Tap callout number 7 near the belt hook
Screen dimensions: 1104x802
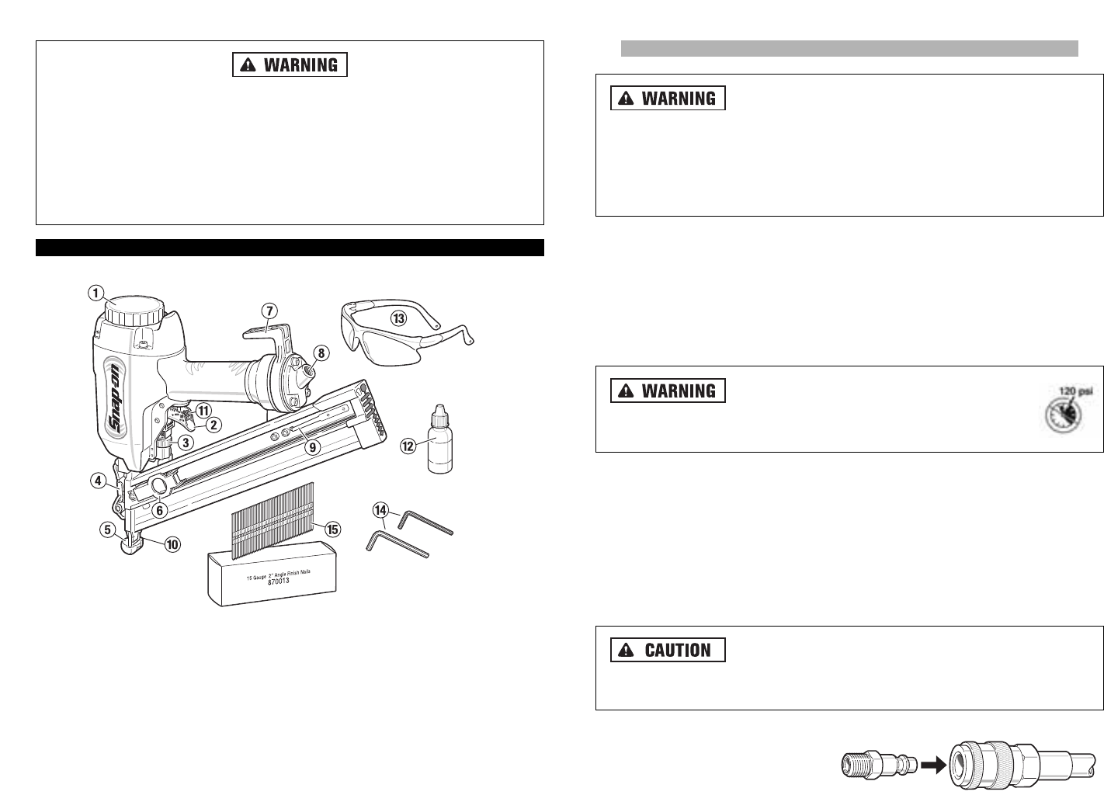(269, 311)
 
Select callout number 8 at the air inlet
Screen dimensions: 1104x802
(321, 352)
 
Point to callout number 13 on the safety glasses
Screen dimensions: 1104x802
(398, 318)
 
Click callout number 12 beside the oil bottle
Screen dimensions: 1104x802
(408, 446)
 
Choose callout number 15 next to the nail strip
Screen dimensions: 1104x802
(332, 529)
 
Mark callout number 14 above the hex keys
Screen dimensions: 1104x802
(380, 510)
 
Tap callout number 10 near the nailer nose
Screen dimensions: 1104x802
(172, 544)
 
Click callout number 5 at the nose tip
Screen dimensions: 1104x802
(107, 531)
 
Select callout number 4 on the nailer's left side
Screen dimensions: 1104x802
(98, 481)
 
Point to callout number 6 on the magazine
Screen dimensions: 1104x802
(159, 510)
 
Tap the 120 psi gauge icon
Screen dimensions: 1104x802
(1064, 409)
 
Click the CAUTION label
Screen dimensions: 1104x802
(668, 650)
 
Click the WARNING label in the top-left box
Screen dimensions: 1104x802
(290, 64)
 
